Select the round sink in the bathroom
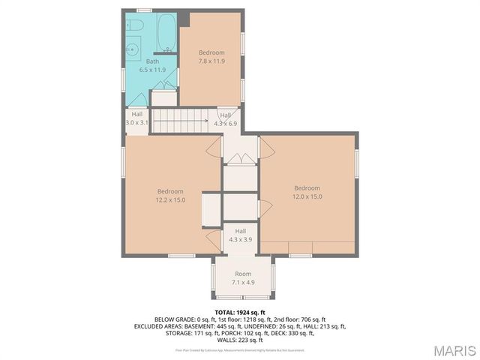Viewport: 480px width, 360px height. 132,49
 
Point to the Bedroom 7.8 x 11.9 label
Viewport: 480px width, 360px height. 211,56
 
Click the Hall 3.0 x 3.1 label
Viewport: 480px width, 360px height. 137,118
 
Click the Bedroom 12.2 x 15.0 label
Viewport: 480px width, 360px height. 170,195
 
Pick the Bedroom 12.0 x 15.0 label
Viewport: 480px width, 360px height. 307,192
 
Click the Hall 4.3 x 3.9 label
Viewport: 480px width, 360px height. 240,235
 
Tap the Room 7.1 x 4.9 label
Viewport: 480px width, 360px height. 242,278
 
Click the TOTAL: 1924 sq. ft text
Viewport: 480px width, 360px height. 240,312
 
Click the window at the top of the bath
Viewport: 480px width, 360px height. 144,10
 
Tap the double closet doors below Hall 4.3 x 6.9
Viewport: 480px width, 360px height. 240,157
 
